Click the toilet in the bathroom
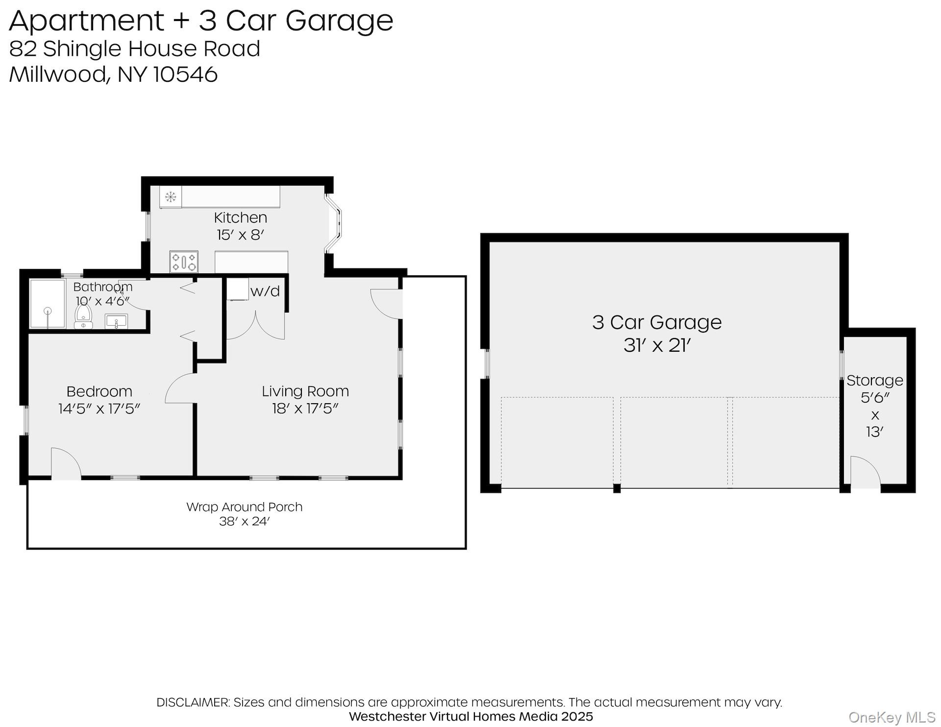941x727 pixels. point(83,316)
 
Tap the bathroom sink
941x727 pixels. point(117,322)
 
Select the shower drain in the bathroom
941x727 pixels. point(48,311)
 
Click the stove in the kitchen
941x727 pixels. point(184,262)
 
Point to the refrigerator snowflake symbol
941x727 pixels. point(171,197)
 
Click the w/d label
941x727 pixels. point(265,291)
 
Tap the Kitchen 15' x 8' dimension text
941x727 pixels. point(240,235)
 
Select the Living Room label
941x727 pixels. point(305,391)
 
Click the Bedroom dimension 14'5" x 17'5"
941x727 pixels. point(99,409)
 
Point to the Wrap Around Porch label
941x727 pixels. point(244,507)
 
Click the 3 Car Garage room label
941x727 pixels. point(657,322)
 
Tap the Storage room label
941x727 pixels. point(874,380)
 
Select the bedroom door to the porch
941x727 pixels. point(66,462)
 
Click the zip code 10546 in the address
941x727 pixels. point(185,74)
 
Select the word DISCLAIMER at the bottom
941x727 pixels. point(193,702)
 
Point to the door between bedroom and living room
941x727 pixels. point(181,389)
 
